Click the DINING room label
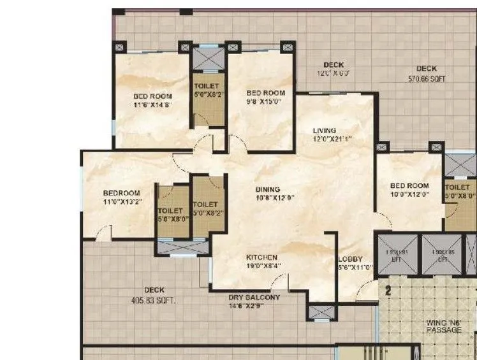point(267,189)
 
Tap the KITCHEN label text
point(262,257)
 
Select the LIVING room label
point(324,131)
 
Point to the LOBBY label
point(350,259)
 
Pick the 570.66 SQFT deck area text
point(427,79)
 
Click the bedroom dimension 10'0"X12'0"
point(409,195)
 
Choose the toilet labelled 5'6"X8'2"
point(209,95)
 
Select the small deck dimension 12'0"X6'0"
point(333,73)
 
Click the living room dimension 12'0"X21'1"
point(332,139)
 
